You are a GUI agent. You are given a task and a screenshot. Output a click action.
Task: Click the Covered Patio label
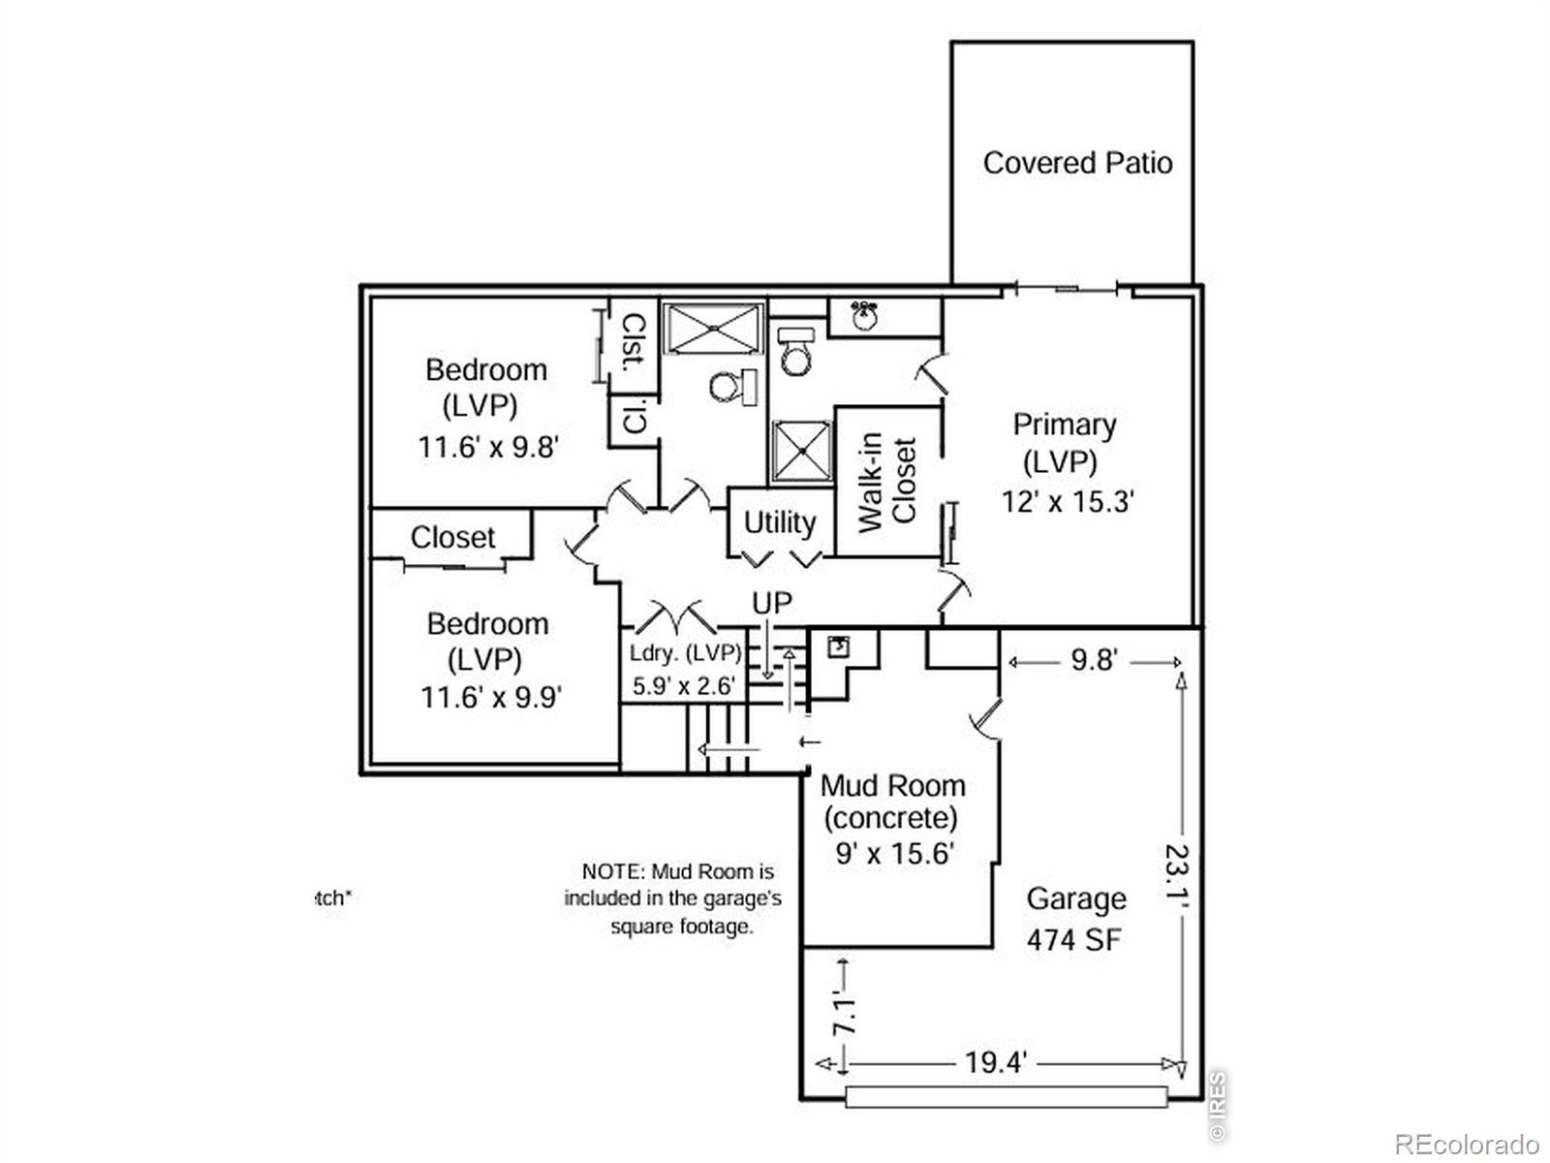click(x=1077, y=163)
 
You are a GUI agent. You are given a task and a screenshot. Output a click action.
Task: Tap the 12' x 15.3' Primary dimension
click(x=1067, y=501)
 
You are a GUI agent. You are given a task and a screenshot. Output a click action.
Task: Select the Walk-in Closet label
click(x=887, y=482)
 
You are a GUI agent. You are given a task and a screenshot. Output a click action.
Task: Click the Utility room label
click(x=779, y=522)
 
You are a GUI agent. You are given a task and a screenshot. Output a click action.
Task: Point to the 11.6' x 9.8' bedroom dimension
click(x=488, y=447)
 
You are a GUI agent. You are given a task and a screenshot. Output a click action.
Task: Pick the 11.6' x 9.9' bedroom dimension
click(x=491, y=697)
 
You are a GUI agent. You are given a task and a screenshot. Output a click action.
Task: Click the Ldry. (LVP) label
click(x=685, y=652)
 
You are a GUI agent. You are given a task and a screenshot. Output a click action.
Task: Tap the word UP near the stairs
click(x=772, y=604)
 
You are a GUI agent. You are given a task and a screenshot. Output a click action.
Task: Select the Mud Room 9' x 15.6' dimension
click(x=894, y=854)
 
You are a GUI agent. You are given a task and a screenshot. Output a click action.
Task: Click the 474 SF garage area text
click(x=1074, y=939)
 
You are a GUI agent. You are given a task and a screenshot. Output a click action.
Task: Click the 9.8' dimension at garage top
click(x=1094, y=661)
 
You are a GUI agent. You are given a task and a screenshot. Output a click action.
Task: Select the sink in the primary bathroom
click(x=864, y=314)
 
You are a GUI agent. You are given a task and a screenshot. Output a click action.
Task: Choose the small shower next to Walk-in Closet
click(x=801, y=452)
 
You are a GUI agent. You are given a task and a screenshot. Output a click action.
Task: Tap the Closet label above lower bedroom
click(x=452, y=537)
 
